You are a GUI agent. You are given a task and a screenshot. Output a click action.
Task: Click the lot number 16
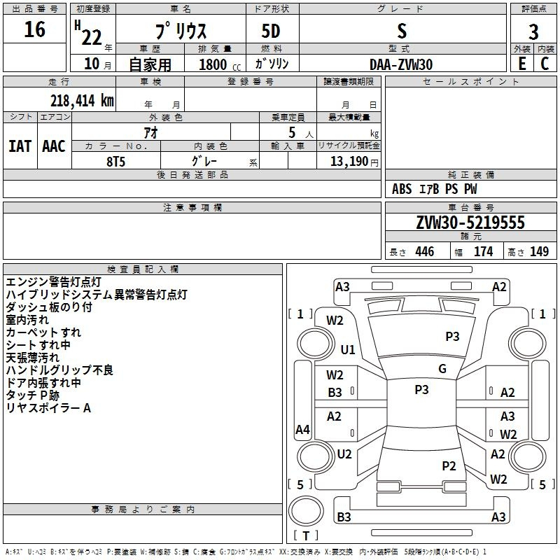(x=34, y=29)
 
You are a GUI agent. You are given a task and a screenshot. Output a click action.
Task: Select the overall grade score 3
(x=533, y=31)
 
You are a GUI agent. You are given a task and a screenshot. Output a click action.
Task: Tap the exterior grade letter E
(x=521, y=64)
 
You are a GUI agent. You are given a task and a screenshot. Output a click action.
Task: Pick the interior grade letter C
(x=545, y=64)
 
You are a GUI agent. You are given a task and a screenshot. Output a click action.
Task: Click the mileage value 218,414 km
(x=82, y=101)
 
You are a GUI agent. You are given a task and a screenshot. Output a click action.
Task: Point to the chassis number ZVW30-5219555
(x=470, y=223)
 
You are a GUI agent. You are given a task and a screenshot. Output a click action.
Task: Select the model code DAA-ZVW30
(x=401, y=64)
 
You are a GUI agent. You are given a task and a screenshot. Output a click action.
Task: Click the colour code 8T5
(x=116, y=162)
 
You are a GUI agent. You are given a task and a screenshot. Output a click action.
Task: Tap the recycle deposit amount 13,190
(x=349, y=162)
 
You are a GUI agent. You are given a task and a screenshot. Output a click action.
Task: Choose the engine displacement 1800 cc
(x=220, y=64)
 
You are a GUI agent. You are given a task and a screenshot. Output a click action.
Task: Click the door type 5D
(x=271, y=31)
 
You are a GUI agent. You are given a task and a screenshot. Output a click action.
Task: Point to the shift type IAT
(x=20, y=146)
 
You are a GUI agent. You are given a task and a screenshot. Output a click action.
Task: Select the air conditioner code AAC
(x=54, y=146)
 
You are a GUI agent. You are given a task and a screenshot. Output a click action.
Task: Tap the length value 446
(x=425, y=251)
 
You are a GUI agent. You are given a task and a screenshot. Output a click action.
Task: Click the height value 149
(x=539, y=251)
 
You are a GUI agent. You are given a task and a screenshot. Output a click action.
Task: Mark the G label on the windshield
(x=442, y=369)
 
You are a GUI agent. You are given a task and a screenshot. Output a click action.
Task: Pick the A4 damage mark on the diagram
(x=302, y=429)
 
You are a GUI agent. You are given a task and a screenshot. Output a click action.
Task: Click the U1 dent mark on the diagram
(x=348, y=349)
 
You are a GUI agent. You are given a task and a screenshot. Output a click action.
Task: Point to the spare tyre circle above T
(x=306, y=511)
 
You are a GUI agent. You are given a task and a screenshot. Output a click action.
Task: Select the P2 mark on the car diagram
(x=449, y=466)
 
